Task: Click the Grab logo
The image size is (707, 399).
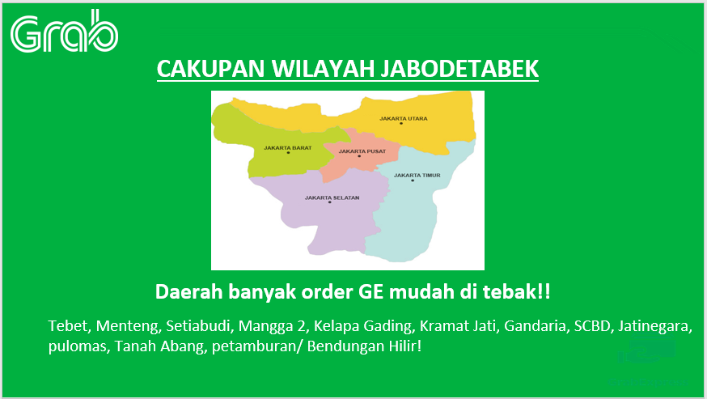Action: tap(64, 31)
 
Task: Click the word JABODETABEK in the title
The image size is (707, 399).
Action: tap(459, 69)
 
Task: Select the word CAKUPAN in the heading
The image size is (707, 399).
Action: tap(210, 69)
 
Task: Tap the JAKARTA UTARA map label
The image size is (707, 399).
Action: tap(404, 119)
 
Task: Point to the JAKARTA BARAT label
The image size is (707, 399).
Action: tap(288, 147)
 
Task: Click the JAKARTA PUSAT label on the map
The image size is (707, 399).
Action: tap(362, 151)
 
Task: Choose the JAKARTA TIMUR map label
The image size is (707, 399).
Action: tap(417, 175)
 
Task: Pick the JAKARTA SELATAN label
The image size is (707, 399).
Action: tap(332, 197)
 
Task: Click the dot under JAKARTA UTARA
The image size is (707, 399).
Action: tap(401, 123)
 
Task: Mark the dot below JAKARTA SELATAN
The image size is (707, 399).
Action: tap(329, 202)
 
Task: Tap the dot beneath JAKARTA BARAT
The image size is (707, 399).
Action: tap(288, 152)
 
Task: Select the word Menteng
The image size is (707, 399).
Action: tap(128, 326)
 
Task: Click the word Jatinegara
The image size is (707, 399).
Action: tap(654, 326)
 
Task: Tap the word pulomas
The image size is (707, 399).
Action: tap(79, 346)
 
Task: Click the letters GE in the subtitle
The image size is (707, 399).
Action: tap(371, 292)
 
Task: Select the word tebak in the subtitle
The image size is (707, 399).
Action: tap(511, 291)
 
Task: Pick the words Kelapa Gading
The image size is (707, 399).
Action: tap(364, 326)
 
